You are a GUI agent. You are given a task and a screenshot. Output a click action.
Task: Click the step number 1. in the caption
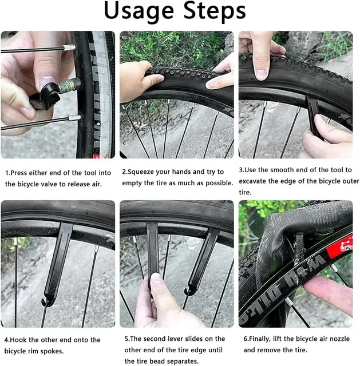click(x=8, y=172)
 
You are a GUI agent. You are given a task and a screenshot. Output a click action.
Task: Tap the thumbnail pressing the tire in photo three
click(x=260, y=73)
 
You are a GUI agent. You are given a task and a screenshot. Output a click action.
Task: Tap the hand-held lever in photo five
click(x=153, y=257)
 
